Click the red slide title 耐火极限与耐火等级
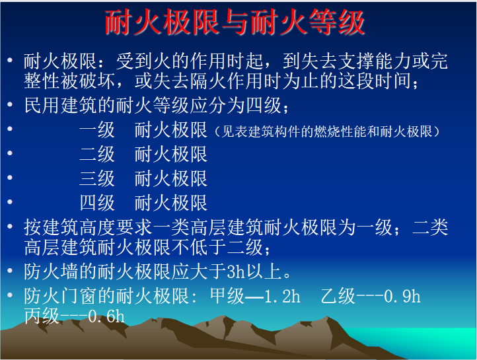click(235, 22)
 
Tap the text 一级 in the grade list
click(97, 130)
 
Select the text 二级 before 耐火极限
click(97, 154)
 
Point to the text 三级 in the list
click(97, 178)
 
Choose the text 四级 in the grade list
click(97, 203)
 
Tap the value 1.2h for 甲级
click(282, 296)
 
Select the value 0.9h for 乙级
click(402, 296)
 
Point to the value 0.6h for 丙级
click(106, 316)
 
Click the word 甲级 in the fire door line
click(227, 296)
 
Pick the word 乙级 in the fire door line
click(338, 296)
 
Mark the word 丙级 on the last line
click(42, 316)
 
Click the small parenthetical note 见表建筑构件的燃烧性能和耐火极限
click(327, 131)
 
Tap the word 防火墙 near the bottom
click(51, 271)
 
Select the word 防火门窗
click(61, 296)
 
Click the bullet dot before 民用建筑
click(10, 105)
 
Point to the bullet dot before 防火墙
click(10, 270)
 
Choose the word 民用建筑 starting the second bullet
click(61, 106)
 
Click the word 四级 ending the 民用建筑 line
click(264, 106)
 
